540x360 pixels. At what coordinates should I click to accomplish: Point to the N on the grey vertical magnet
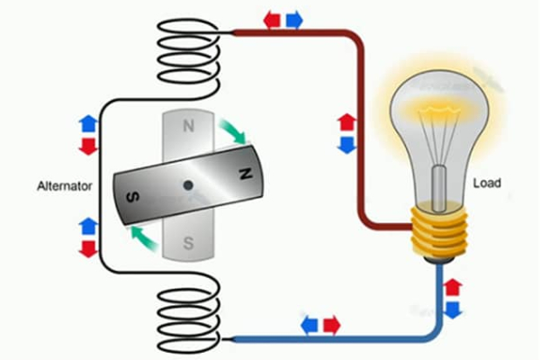[187, 127]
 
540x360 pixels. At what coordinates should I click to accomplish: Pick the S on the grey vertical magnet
[188, 241]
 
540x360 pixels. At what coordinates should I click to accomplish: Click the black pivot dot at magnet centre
[188, 185]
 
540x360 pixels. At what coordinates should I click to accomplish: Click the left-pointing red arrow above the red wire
[272, 19]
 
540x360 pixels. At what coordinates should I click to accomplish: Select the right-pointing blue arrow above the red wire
[293, 19]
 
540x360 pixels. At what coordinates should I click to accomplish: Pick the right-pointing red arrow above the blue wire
[332, 324]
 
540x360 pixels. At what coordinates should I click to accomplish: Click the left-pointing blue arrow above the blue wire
[310, 324]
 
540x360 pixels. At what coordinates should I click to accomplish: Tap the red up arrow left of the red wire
[346, 122]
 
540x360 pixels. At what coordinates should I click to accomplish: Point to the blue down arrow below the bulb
[453, 310]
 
